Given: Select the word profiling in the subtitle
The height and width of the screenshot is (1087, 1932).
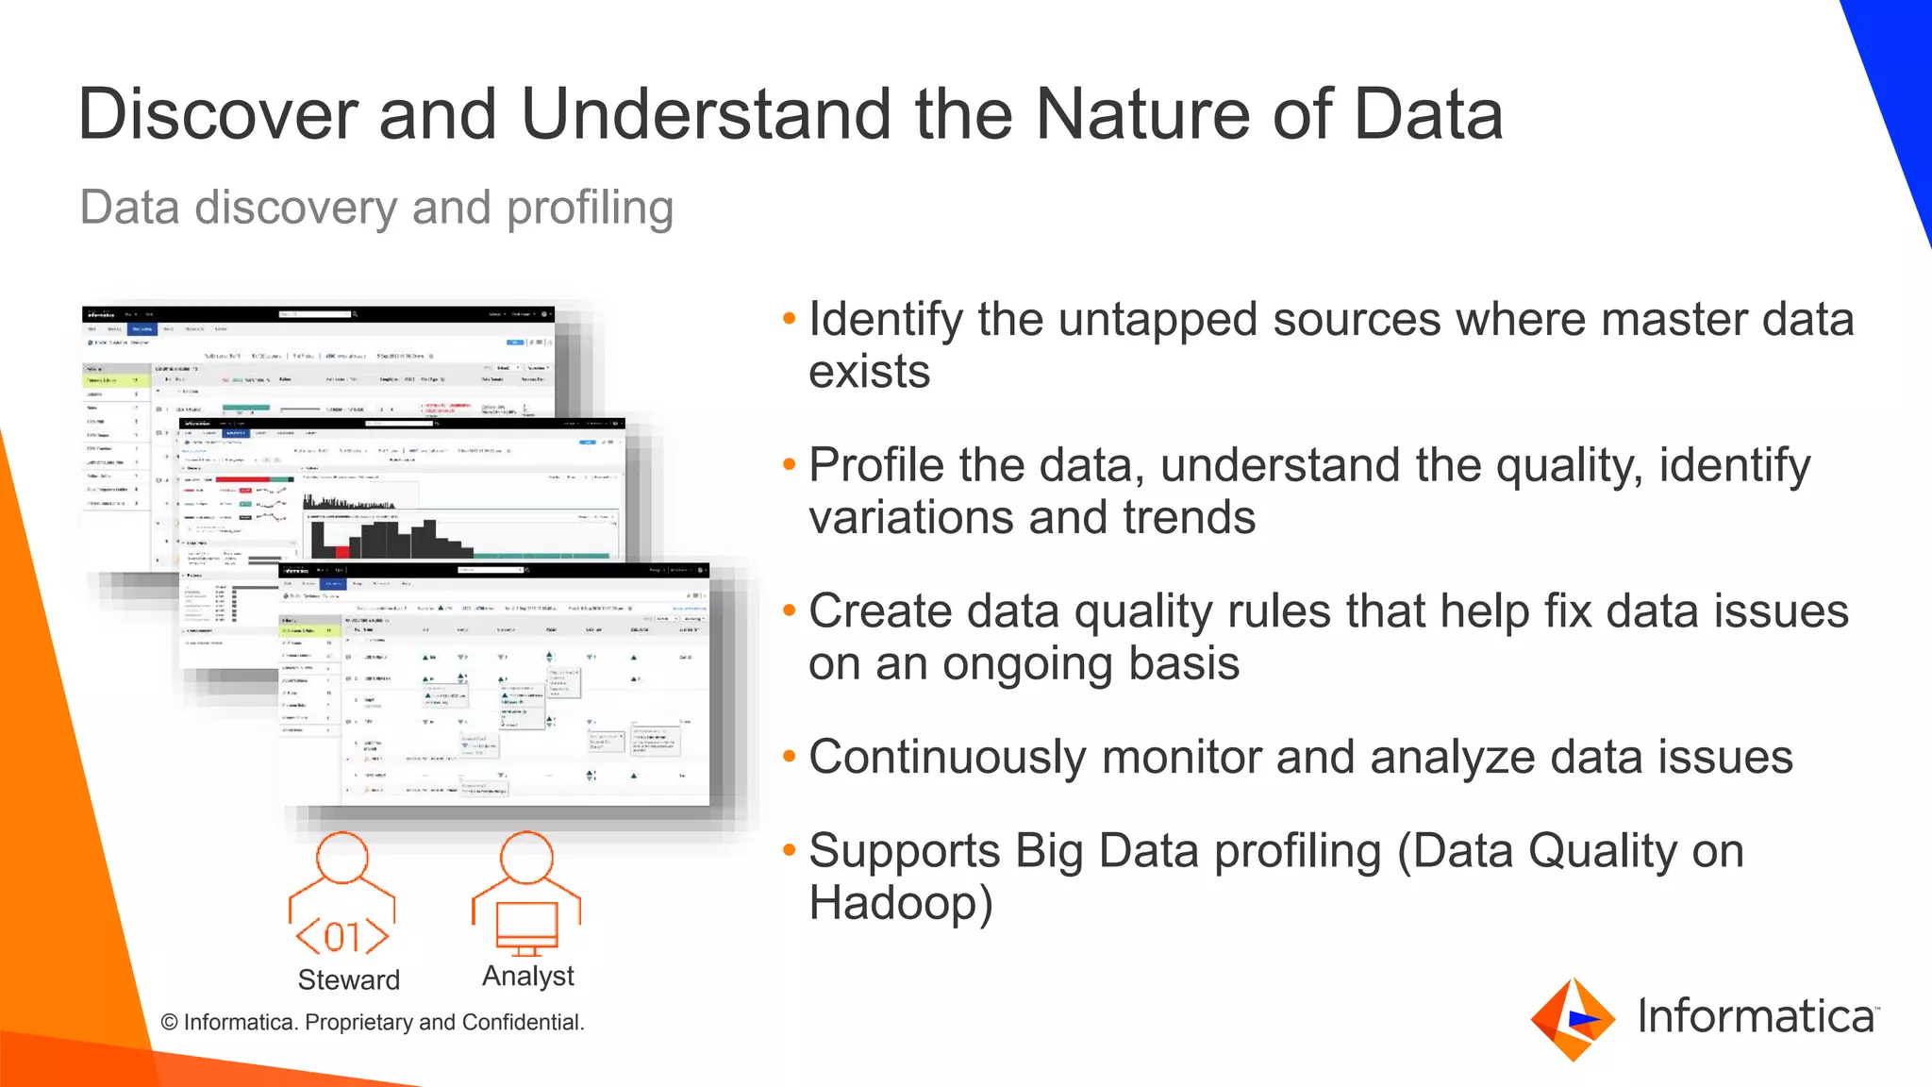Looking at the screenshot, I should (590, 208).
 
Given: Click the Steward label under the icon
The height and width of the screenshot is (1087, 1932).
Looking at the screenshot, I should (348, 979).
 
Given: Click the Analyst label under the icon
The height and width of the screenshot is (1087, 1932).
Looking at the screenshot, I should (527, 976).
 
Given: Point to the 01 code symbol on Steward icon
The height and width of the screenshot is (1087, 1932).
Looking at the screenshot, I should (342, 937).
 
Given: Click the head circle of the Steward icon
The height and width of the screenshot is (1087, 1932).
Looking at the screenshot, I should (341, 857).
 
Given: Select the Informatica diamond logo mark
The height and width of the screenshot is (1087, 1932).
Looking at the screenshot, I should (1573, 1019).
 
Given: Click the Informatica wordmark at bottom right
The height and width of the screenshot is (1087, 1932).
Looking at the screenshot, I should (1756, 1016).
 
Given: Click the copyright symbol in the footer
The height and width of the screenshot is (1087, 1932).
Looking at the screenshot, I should (170, 1023).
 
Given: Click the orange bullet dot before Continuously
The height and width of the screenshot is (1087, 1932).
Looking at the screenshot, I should (790, 757).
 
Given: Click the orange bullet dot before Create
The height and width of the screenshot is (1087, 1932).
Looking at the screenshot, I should (790, 610).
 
